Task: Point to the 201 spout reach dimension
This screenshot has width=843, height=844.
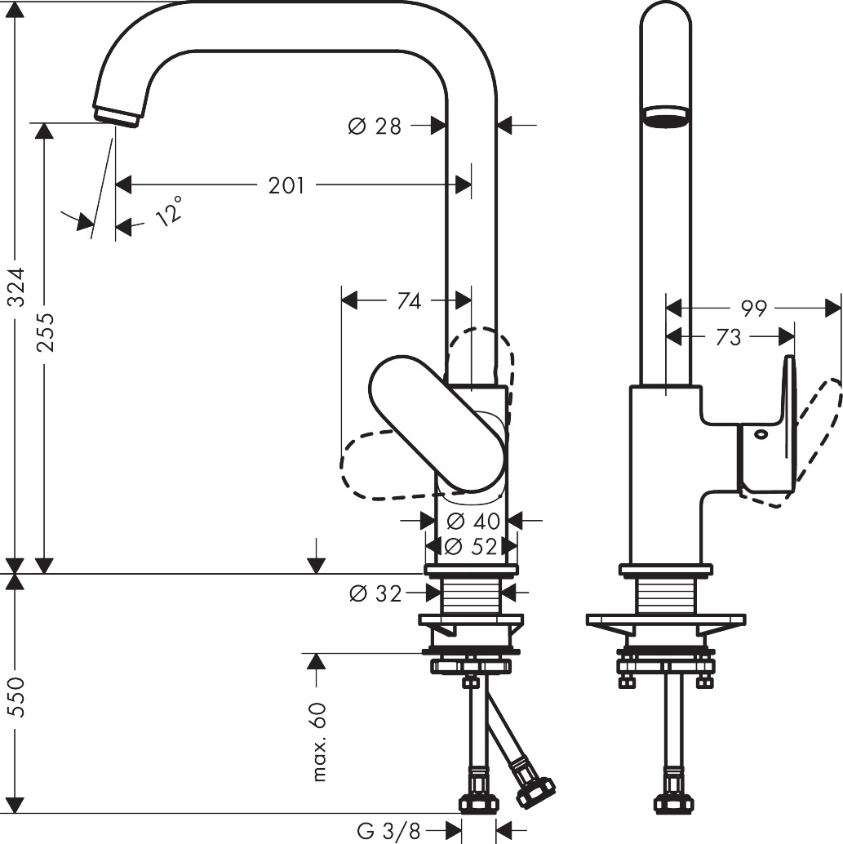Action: tap(286, 186)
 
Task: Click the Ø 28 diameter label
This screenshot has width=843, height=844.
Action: tap(375, 126)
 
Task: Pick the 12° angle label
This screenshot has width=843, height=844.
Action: tap(167, 214)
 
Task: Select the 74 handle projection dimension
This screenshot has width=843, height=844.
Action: tap(409, 301)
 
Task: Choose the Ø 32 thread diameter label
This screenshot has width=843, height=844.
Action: tap(375, 594)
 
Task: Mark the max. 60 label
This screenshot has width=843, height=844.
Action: tap(319, 741)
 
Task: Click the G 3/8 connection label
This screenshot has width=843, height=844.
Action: tap(388, 832)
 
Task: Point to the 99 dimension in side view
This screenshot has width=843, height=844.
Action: tap(754, 309)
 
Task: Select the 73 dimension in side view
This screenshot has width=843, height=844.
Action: tap(728, 336)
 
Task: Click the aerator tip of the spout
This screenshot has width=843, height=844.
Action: tap(117, 114)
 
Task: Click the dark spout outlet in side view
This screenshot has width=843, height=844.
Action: tap(666, 119)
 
